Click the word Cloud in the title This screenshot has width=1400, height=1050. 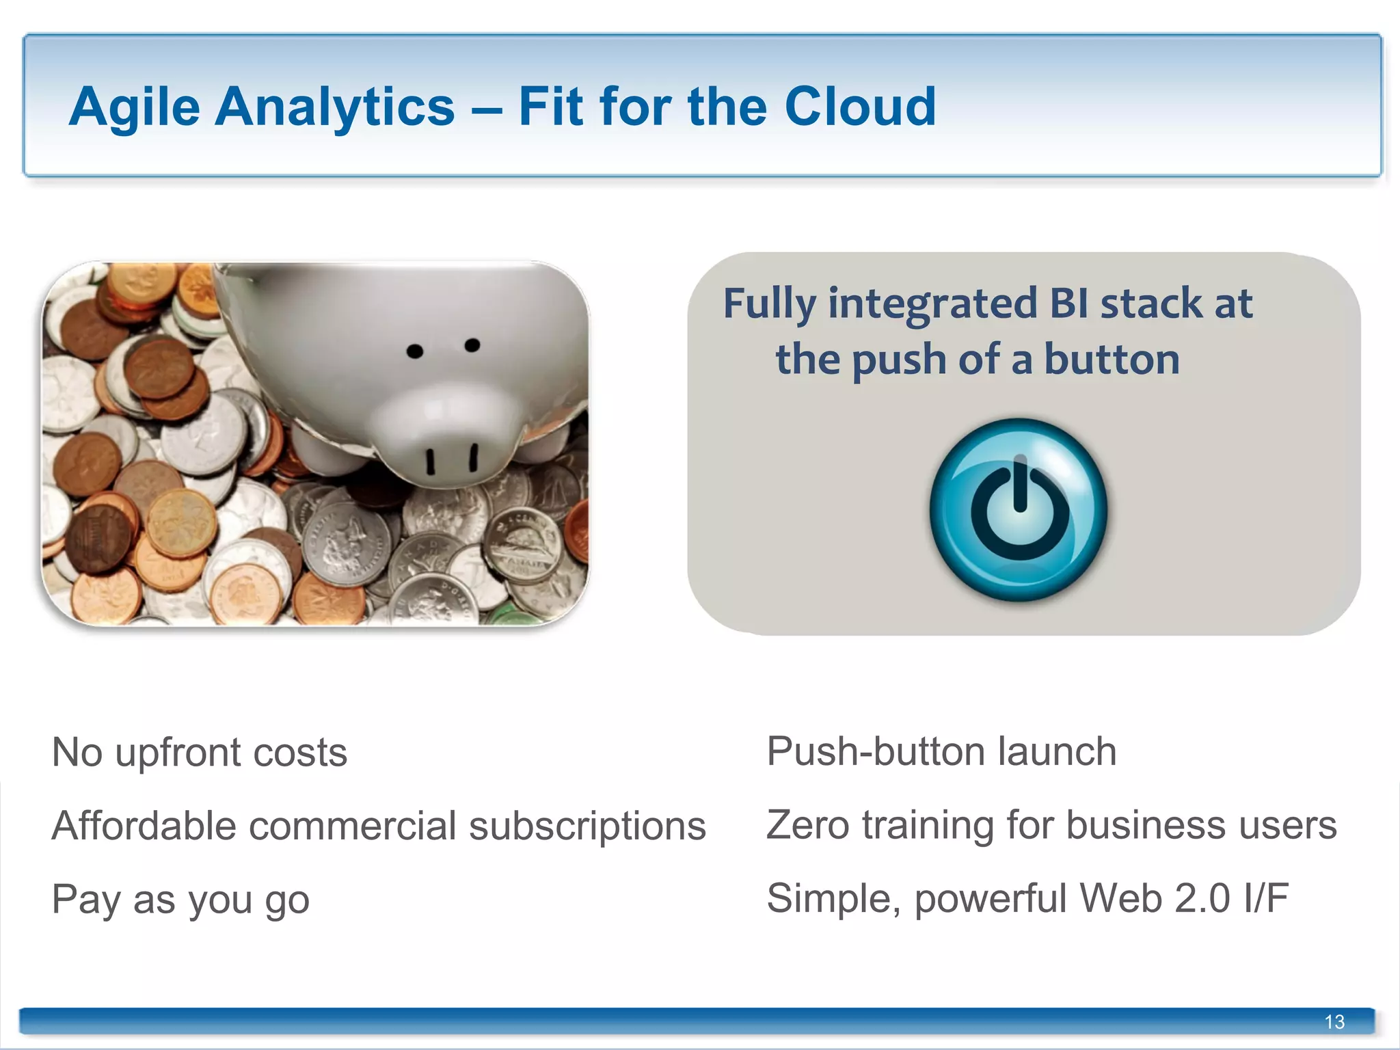[x=860, y=107]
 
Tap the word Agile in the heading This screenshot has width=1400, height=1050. [x=135, y=108]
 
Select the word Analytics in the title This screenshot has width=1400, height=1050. [x=334, y=108]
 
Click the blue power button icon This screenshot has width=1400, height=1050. [x=1019, y=510]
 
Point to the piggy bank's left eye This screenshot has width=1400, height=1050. [x=415, y=351]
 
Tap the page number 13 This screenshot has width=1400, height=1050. [x=1334, y=1021]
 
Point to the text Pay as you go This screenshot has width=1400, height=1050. [x=180, y=900]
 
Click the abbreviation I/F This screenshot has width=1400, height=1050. [x=1266, y=898]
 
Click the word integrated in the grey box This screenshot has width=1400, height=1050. [x=932, y=304]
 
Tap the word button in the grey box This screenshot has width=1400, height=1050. [x=1112, y=360]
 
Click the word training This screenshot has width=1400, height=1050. [x=928, y=826]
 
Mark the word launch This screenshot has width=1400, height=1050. [x=1057, y=752]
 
